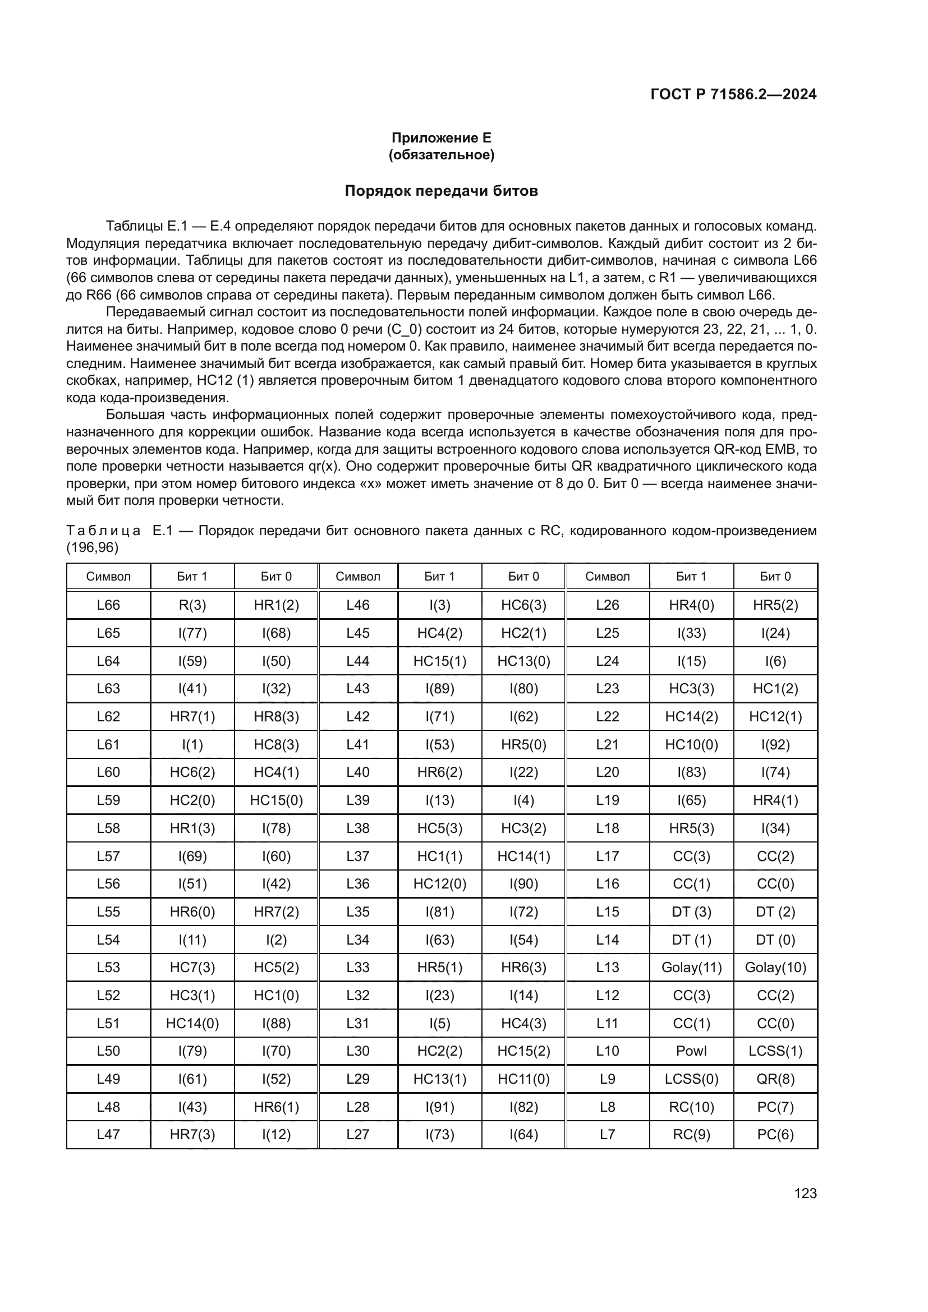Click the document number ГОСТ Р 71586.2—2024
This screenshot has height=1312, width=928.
pyautogui.click(x=733, y=94)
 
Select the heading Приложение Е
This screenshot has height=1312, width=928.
pyautogui.click(x=441, y=138)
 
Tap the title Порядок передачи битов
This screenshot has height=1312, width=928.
pyautogui.click(x=441, y=191)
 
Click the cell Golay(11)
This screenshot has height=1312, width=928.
pyautogui.click(x=691, y=968)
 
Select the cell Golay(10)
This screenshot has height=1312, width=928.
pyautogui.click(x=775, y=968)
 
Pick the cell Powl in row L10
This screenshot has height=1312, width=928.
pyautogui.click(x=691, y=1051)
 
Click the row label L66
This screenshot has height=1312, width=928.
pyautogui.click(x=109, y=605)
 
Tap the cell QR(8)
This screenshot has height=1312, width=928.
pyautogui.click(x=775, y=1079)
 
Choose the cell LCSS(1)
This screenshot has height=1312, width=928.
pyautogui.click(x=775, y=1051)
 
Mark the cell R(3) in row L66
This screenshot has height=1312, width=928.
pyautogui.click(x=192, y=605)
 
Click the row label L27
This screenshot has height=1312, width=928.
pyautogui.click(x=358, y=1134)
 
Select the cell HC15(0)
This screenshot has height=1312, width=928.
pyautogui.click(x=276, y=800)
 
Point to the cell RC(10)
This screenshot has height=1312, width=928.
pyautogui.click(x=691, y=1107)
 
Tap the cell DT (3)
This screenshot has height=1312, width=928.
pyautogui.click(x=691, y=912)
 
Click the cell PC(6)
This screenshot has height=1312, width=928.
pyautogui.click(x=775, y=1134)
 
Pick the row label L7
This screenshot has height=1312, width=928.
pyautogui.click(x=608, y=1134)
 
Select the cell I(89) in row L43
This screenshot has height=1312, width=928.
pyautogui.click(x=440, y=689)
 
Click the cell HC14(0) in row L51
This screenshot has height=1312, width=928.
pyautogui.click(x=192, y=1024)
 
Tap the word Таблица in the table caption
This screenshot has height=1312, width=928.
pyautogui.click(x=103, y=531)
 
